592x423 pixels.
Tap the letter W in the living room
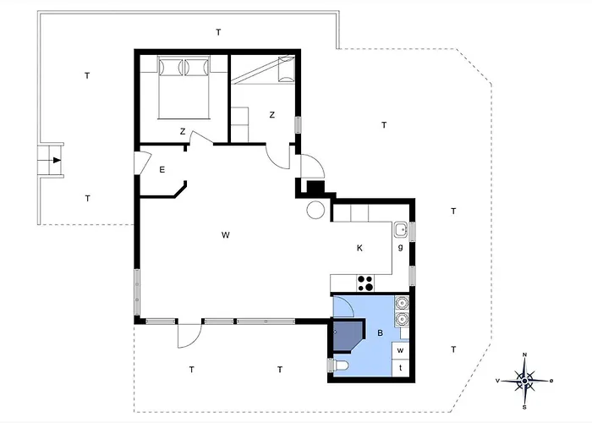[x=226, y=234]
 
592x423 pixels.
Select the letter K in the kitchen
[x=359, y=248]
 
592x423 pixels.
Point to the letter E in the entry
[x=162, y=170]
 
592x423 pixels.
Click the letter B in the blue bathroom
[x=381, y=333]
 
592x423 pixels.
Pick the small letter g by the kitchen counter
[x=400, y=248]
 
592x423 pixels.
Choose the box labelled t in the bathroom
[x=401, y=368]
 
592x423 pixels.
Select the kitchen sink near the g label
[x=401, y=228]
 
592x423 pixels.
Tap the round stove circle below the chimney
[x=315, y=209]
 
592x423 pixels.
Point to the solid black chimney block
[x=315, y=190]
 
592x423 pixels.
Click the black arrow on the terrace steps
[x=56, y=160]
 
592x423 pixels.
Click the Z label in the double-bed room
[x=182, y=131]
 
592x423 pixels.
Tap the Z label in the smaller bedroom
[x=272, y=115]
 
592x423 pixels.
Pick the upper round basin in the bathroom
[x=403, y=302]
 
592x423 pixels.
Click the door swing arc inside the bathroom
[x=346, y=304]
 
